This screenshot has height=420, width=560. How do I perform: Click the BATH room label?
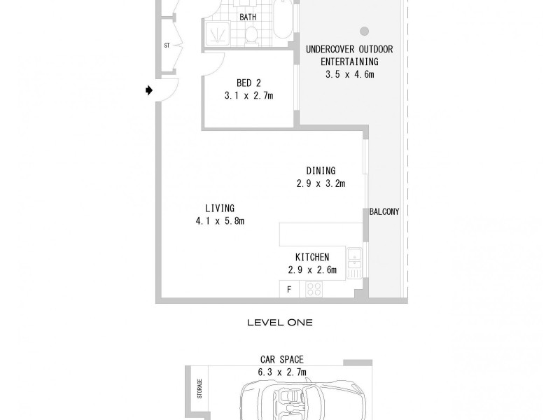(x=247, y=16)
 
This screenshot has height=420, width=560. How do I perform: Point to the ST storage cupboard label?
(x=167, y=46)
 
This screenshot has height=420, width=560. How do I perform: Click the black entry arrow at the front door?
(x=149, y=90)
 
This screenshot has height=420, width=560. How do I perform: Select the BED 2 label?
(x=248, y=83)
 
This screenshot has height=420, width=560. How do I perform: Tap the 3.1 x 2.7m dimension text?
(x=248, y=96)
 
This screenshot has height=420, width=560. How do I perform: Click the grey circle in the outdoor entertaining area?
(x=364, y=31)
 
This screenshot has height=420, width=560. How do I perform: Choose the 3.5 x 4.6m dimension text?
(x=349, y=74)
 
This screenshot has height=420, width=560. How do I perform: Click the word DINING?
(x=321, y=171)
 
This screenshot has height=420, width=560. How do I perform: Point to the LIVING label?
(x=219, y=208)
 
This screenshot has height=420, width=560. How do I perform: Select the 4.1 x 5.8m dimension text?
(x=220, y=221)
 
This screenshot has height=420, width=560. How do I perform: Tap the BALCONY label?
(x=384, y=211)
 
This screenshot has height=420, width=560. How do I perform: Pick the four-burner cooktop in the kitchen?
(x=312, y=288)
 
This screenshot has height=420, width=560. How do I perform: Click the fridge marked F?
(x=288, y=289)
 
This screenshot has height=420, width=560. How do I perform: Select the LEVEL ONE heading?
(x=280, y=323)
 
